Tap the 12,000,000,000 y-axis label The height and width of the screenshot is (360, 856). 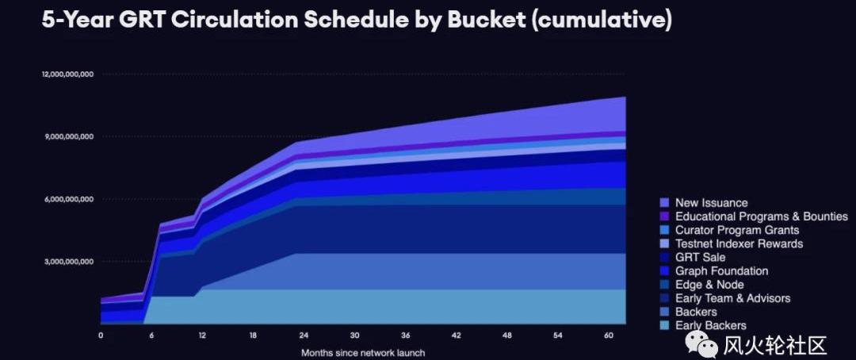point(68,75)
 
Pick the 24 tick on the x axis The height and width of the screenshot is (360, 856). point(304,335)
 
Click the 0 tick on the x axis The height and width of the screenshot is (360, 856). point(101,335)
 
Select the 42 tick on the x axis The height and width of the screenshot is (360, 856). point(456,335)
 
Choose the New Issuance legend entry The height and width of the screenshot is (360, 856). point(711,203)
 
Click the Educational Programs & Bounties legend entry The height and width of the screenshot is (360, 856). point(761,216)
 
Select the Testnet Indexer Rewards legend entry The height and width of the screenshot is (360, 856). point(739,243)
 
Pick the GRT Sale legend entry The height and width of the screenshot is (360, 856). point(700,257)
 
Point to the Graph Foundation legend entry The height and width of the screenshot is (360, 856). point(720,271)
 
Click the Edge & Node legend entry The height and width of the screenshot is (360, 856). point(709,285)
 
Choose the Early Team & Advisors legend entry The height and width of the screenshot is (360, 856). point(732,298)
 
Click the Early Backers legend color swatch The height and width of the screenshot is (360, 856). point(665,325)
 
